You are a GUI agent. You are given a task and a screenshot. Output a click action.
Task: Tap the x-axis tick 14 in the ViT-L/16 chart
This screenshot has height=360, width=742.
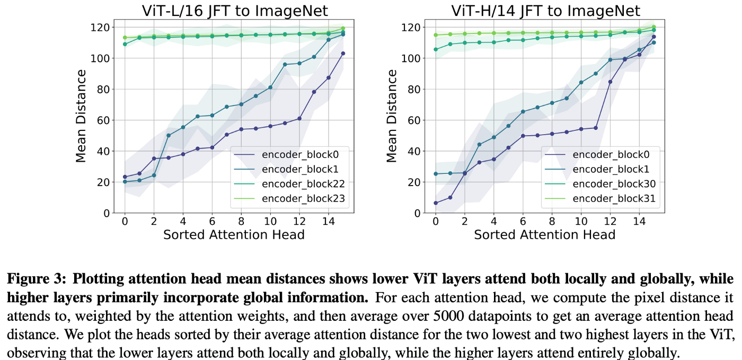[x=328, y=221]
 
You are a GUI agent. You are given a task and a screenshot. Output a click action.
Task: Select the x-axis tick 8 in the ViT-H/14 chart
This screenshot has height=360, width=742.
[x=552, y=221]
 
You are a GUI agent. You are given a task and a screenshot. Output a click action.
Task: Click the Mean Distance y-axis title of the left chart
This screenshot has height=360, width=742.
[x=81, y=116]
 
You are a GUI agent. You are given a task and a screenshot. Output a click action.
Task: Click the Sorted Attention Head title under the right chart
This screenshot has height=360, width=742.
[x=545, y=234]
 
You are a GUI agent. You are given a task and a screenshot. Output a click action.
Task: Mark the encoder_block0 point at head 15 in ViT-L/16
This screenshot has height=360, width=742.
[x=343, y=54]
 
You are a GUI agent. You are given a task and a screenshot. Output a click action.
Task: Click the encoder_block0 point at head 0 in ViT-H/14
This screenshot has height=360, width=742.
[x=436, y=203]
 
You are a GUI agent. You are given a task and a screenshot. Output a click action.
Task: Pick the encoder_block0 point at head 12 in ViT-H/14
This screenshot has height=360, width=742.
[x=611, y=82]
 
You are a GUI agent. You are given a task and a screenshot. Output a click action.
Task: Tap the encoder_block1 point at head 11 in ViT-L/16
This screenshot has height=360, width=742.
[x=285, y=64]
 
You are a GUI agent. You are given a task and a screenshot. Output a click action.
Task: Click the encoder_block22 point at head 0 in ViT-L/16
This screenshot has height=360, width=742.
[x=125, y=44]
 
